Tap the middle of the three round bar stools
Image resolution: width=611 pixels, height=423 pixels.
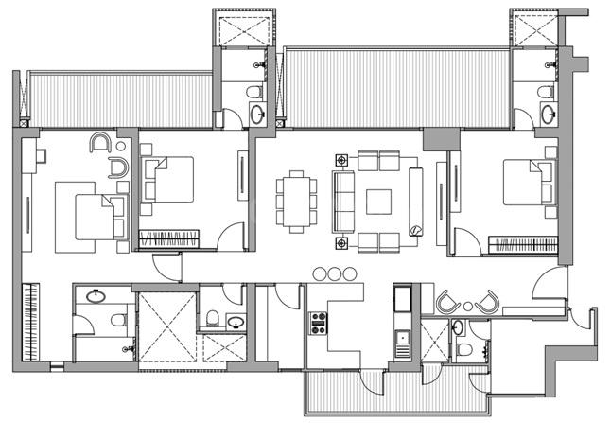pos(334,274)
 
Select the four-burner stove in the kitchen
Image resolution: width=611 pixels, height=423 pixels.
pos(318,326)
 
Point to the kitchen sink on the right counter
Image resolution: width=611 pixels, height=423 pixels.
pos(401,338)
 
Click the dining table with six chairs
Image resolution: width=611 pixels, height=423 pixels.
pos(297,200)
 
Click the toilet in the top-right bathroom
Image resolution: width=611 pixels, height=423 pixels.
pos(545,92)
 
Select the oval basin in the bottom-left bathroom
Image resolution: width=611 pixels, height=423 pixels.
pos(96,296)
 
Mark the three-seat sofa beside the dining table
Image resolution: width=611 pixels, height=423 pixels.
pos(341,200)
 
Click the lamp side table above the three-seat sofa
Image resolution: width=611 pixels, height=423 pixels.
pos(341,161)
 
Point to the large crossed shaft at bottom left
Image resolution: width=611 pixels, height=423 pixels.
pos(166,325)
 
